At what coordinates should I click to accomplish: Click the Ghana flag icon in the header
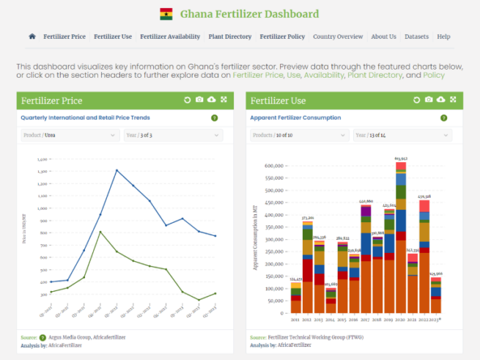point(166,14)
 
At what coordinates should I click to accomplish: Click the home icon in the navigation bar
point(32,37)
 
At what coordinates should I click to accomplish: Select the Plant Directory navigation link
point(229,37)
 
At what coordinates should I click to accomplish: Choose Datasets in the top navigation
point(416,37)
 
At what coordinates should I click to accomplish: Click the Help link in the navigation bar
point(443,37)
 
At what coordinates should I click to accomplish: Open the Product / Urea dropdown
point(70,135)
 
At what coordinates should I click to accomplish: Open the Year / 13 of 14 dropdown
point(402,135)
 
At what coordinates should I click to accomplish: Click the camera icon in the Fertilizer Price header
point(199,100)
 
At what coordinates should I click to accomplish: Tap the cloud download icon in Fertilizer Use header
point(441,100)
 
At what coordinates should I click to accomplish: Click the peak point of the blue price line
point(117,170)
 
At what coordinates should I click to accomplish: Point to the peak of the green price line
point(100,232)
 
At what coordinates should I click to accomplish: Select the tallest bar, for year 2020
point(401,235)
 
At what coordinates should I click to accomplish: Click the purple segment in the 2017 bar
point(366,212)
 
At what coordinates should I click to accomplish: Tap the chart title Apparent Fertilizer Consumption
point(295,117)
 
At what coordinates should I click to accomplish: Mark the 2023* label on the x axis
point(436,320)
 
